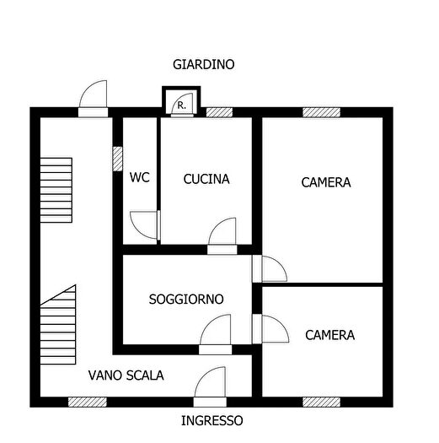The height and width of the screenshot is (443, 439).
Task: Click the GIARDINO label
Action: [x=203, y=64]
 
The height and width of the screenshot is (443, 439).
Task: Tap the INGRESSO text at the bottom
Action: [x=211, y=420]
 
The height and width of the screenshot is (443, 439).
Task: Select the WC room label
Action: [x=139, y=178]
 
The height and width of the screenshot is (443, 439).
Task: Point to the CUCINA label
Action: [x=206, y=179]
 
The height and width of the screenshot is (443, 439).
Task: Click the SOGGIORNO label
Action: [x=186, y=299]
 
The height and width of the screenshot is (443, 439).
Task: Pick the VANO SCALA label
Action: [x=126, y=375]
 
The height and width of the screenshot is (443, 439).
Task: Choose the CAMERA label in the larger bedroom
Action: [x=326, y=182]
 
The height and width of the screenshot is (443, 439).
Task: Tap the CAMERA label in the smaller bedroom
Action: [x=329, y=335]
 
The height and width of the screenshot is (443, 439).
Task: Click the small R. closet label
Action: [x=181, y=105]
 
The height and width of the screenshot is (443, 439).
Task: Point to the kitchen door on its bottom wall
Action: [x=222, y=235]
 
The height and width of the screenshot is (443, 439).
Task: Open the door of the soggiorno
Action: [x=217, y=332]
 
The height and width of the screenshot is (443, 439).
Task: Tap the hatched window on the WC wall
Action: [x=117, y=159]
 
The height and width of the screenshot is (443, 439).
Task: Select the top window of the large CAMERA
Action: [x=321, y=111]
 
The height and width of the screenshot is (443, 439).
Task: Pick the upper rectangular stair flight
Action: [x=57, y=191]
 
